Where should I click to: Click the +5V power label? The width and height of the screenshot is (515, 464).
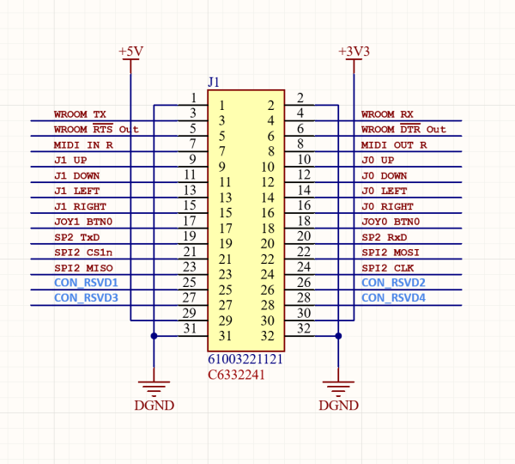130,52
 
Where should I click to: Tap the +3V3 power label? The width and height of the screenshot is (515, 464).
354,52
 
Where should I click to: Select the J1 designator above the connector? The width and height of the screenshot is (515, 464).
215,82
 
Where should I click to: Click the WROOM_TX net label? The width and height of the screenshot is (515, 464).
80,114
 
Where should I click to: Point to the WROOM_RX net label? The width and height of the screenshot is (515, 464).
387,114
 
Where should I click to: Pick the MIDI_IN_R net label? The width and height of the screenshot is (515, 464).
83,145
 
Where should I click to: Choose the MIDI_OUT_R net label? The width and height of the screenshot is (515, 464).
394,145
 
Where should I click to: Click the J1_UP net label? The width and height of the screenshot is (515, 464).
70,161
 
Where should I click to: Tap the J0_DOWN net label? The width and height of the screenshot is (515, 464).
385,175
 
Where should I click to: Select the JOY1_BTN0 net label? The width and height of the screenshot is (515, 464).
82,222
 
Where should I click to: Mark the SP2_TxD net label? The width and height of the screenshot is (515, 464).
76,237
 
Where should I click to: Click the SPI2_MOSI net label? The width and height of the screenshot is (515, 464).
391,253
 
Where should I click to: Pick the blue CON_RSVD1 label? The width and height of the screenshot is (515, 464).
86,283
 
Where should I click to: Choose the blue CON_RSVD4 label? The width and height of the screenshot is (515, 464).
394,298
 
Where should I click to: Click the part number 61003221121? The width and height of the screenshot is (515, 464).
245,359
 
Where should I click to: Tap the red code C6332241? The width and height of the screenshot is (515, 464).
235,375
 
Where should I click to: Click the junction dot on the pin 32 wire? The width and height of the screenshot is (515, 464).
339,335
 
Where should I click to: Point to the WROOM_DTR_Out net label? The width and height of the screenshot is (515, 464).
403,130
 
